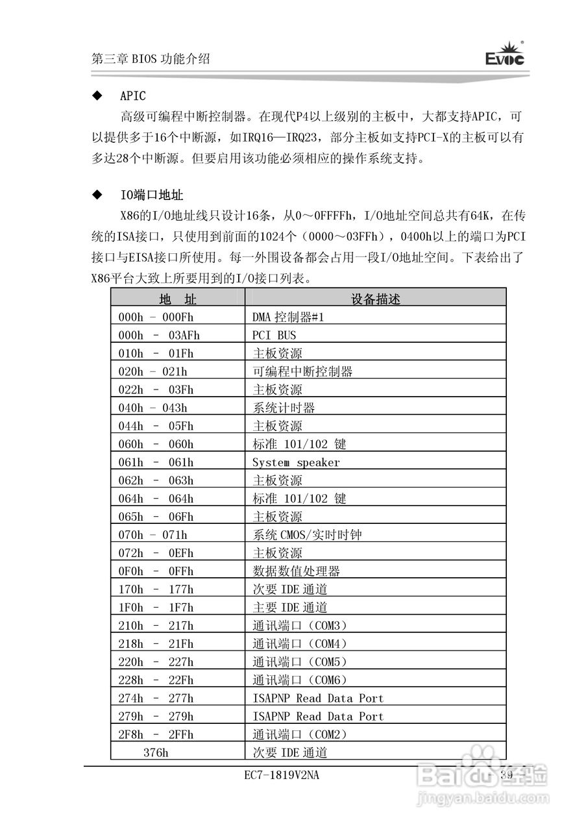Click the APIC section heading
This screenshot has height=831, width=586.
pos(132,96)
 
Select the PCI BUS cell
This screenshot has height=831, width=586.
pos(274,335)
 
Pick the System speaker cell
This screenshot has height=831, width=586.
pos(296,462)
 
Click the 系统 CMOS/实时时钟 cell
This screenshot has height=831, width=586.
pos(307,535)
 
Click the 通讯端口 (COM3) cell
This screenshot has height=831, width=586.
pos(300,626)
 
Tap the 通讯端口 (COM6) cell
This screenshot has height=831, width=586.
pos(300,680)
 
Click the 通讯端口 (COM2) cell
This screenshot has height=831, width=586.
pos(300,735)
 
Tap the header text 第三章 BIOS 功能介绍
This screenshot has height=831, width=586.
pos(151,58)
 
